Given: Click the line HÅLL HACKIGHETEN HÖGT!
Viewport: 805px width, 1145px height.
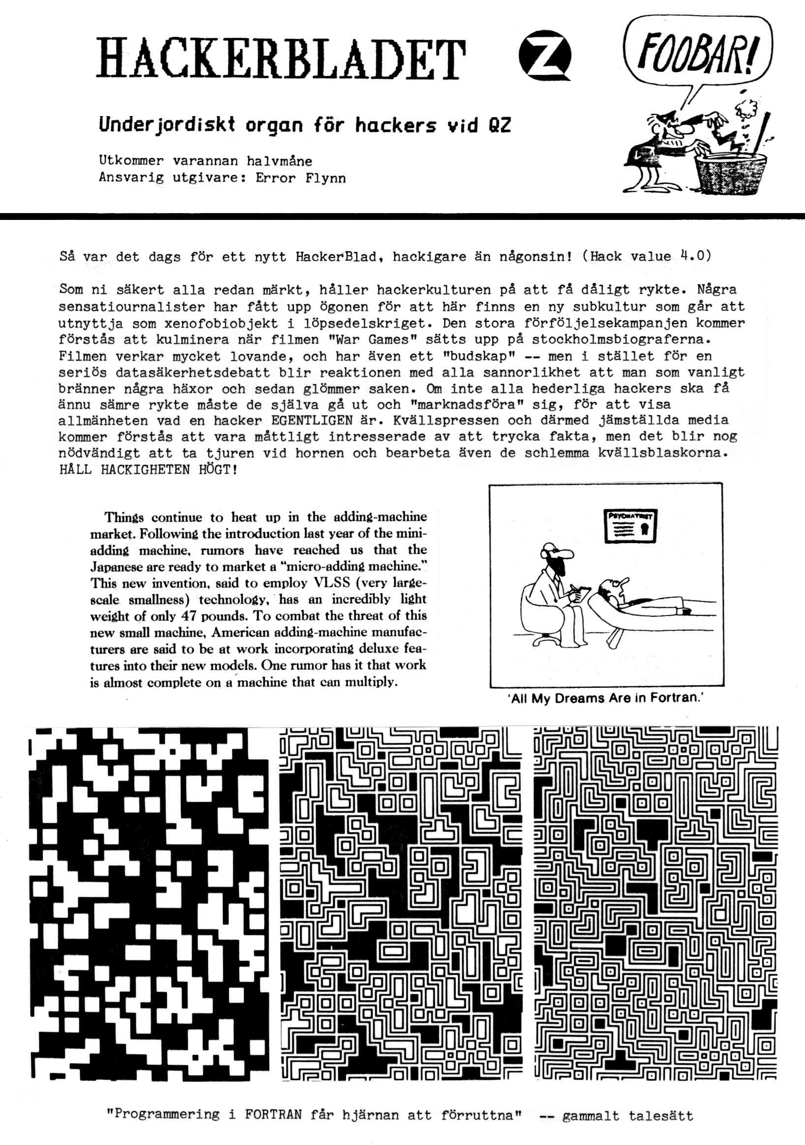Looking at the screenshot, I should (x=148, y=470).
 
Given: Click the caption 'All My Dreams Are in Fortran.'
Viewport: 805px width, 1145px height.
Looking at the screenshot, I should (x=606, y=698).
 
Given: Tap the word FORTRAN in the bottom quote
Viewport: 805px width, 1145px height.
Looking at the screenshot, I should (x=273, y=1115).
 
